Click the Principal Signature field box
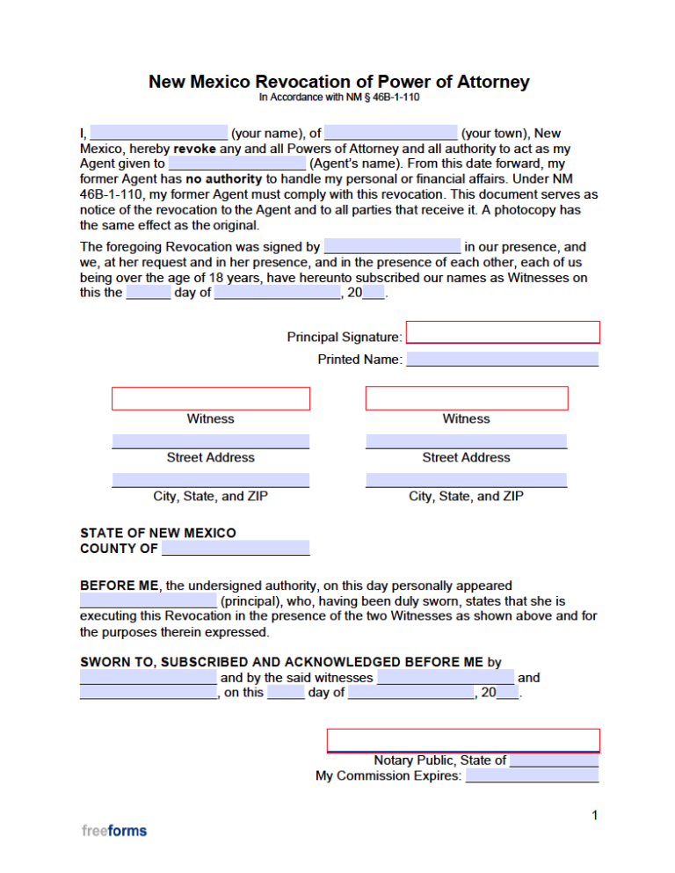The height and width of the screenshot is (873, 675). coord(503,332)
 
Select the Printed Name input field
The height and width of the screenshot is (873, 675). coord(503,359)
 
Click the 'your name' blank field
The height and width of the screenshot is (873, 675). coord(158,134)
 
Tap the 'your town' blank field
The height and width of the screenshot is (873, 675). coord(390,134)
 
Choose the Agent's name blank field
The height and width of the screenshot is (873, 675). coord(236,163)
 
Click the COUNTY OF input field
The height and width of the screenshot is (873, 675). coord(236,549)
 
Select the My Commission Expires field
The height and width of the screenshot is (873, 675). coord(532,775)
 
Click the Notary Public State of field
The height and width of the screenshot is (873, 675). coord(554,760)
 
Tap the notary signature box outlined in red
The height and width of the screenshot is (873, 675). coord(463,740)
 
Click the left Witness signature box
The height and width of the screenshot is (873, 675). coord(211,398)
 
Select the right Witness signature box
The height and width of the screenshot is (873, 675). coord(467,398)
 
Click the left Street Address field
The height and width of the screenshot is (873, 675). coord(211,441)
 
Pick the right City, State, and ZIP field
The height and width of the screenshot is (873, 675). coord(467,480)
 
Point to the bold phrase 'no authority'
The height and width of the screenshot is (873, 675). coord(223,178)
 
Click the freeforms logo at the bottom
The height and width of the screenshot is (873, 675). coord(114,830)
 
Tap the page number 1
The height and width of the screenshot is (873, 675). coord(595,816)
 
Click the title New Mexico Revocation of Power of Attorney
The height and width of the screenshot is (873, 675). coord(339,82)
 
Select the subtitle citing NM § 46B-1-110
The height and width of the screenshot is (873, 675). coord(339,98)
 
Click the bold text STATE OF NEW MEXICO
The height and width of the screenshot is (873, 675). coord(158,533)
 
